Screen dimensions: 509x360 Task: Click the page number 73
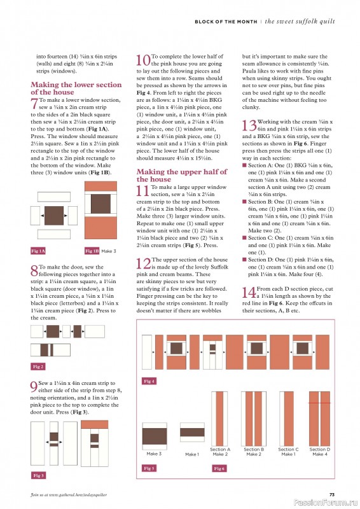click(331, 494)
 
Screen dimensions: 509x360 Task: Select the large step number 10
click(142, 60)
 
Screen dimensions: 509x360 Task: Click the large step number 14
click(249, 293)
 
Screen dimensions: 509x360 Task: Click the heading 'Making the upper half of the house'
click(181, 176)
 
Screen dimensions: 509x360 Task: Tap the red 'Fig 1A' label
click(38, 251)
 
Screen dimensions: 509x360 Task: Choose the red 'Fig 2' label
click(38, 366)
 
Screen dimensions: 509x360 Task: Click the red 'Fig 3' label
click(38, 475)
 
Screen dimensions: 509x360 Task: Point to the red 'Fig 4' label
click(149, 380)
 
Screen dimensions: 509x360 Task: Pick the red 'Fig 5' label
click(149, 468)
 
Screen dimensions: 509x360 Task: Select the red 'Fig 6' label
click(219, 468)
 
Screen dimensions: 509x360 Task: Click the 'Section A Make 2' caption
click(220, 452)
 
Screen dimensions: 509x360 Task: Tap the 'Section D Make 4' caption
click(319, 452)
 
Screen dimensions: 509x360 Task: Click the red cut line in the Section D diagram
click(319, 403)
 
